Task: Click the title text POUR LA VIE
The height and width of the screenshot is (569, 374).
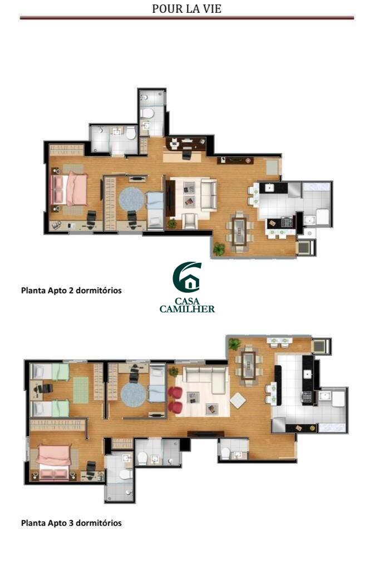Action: tap(186, 8)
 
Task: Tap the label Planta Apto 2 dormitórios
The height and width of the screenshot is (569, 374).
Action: tap(71, 290)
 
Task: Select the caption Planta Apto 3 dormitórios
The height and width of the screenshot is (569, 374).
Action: tap(71, 523)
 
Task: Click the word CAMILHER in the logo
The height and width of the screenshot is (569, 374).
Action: tap(187, 309)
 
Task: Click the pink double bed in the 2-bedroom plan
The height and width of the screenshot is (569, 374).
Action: tap(70, 189)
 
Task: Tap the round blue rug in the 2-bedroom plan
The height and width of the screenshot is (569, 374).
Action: tap(131, 198)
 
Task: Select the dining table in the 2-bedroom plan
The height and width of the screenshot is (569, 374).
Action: tap(239, 231)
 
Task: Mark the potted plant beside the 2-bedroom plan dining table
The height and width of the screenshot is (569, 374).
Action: tap(219, 248)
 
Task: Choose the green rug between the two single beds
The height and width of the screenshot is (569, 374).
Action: tap(81, 390)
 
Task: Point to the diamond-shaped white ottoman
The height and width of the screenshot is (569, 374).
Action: tap(238, 401)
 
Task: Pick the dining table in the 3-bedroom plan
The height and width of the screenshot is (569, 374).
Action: tap(249, 361)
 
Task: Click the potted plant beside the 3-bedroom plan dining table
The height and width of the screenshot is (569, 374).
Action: tap(234, 343)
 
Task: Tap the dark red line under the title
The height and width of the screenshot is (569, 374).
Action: tap(187, 17)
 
